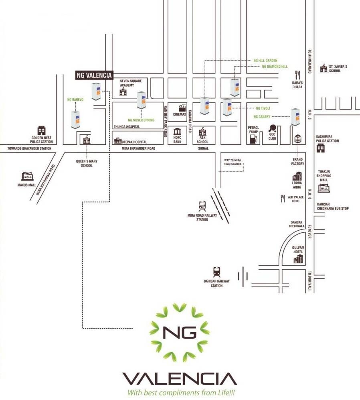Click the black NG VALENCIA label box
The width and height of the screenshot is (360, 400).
(95, 75)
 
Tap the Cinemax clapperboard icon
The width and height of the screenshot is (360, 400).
(182, 107)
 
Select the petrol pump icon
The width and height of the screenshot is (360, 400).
(253, 139)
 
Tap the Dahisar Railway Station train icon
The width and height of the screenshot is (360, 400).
(217, 272)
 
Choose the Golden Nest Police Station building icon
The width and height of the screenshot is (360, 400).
(41, 130)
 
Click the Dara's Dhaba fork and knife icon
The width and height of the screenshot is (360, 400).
(297, 75)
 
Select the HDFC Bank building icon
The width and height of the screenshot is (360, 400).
(178, 132)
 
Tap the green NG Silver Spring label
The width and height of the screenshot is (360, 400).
(141, 120)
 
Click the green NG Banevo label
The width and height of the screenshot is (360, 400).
(75, 99)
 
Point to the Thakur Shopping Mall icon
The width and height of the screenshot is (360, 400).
(324, 188)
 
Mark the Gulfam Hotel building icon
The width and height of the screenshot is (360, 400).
(298, 259)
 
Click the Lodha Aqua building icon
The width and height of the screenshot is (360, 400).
(297, 176)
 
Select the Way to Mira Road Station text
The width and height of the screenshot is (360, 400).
(233, 162)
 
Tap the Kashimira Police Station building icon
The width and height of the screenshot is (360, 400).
(320, 148)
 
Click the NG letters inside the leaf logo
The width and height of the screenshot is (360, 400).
(180, 332)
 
